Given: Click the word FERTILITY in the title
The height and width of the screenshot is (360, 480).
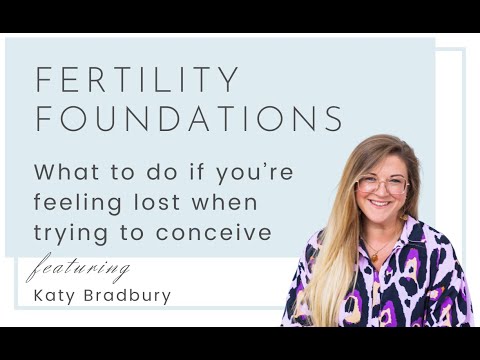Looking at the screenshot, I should click(x=138, y=80).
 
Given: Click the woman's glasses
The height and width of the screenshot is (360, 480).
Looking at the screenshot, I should click(x=382, y=185).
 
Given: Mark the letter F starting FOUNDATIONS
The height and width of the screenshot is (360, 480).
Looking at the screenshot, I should click(x=43, y=118).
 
